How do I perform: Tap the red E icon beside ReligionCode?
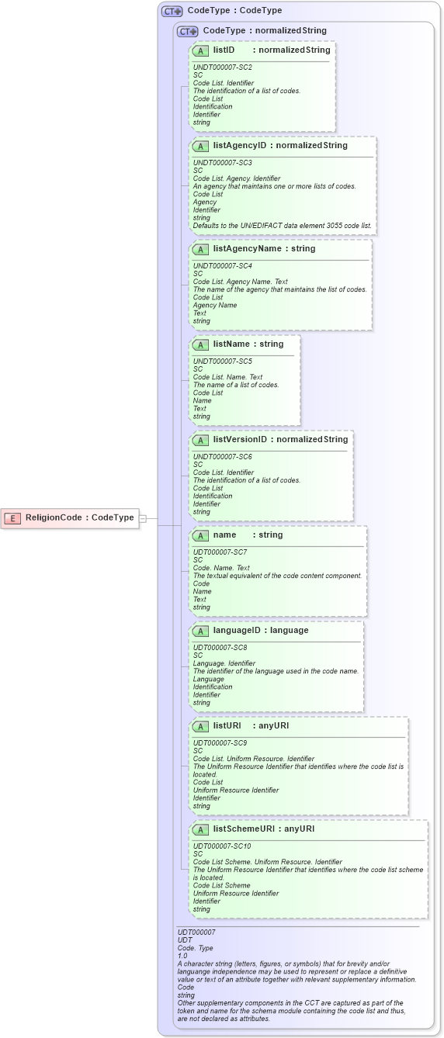12,517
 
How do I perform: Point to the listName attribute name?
238,344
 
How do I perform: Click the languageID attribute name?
238,630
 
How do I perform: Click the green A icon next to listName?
201,344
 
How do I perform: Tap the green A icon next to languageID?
201,631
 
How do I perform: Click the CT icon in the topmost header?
172,11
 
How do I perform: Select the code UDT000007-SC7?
220,552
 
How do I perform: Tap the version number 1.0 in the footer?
182,956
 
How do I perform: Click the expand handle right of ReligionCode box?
143,517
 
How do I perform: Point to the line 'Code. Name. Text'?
221,568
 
